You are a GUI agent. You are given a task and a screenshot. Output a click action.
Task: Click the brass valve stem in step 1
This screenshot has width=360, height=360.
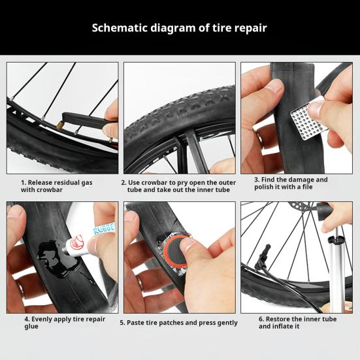point(60,125)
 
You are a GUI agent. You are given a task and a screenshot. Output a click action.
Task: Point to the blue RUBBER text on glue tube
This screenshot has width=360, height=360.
point(105,229)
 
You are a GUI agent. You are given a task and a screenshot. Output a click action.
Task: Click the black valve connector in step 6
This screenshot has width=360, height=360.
point(263,255)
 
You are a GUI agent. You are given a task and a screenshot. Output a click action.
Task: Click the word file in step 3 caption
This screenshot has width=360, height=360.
point(308,187)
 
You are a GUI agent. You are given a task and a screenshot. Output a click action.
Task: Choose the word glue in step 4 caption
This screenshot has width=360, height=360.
point(31,327)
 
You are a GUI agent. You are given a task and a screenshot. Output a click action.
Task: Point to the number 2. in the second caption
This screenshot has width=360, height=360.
point(123,183)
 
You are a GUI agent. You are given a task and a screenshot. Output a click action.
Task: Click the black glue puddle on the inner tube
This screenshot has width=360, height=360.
point(55,258)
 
